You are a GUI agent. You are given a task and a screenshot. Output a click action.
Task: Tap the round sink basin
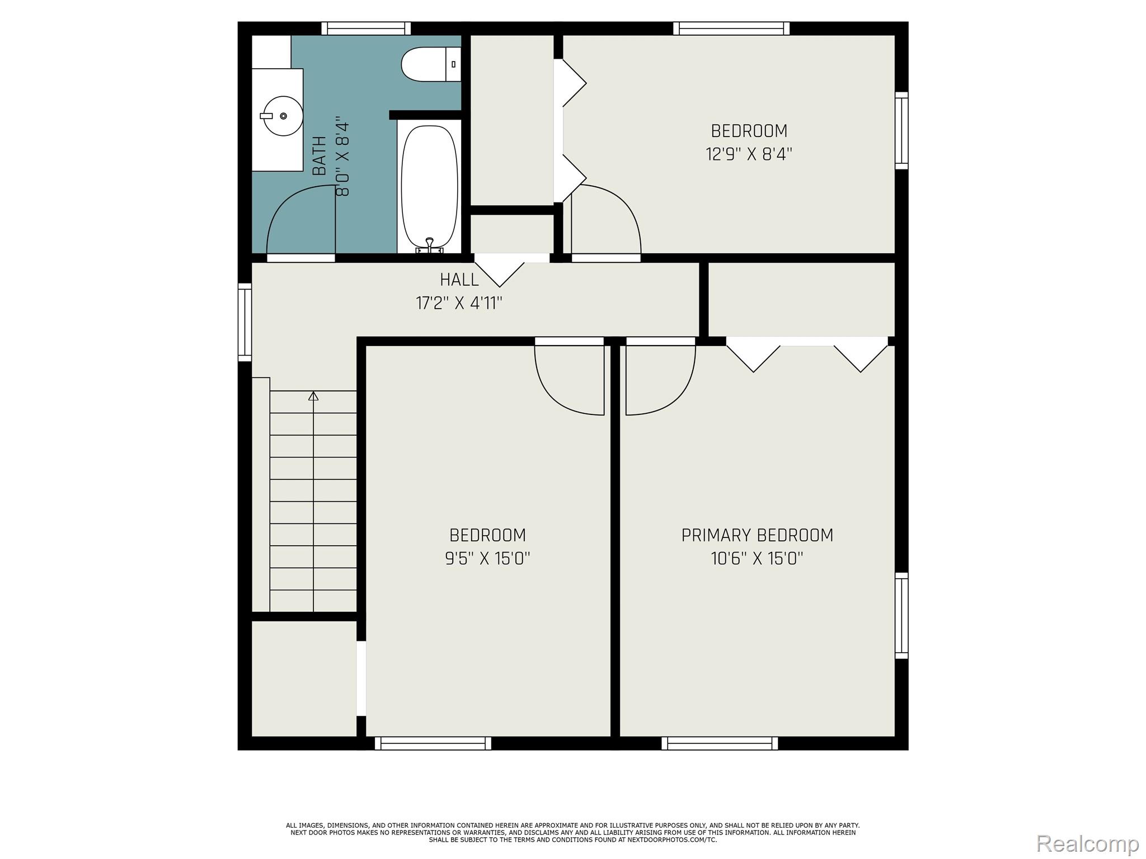click(x=283, y=116)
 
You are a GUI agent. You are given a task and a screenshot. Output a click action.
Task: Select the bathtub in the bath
click(x=430, y=186)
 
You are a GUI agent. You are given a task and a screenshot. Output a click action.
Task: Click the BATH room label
click(x=320, y=156)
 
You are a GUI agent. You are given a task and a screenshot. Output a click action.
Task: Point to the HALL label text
click(x=459, y=280)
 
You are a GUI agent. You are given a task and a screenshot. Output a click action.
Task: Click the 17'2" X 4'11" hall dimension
click(x=459, y=304)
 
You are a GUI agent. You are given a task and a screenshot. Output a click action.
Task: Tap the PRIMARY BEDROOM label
click(x=757, y=535)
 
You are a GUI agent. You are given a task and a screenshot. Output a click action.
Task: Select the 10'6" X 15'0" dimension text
click(x=757, y=559)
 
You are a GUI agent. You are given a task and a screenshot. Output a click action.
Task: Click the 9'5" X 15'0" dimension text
click(x=487, y=559)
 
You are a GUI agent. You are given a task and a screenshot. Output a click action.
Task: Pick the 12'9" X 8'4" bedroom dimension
click(x=749, y=154)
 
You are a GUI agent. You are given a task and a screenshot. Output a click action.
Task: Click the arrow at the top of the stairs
click(x=313, y=396)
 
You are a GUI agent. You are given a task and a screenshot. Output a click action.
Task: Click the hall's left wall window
click(x=245, y=322)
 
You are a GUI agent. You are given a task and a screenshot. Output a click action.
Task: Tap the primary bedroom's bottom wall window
click(x=720, y=743)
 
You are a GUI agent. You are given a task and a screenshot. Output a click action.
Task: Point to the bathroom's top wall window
click(x=366, y=29)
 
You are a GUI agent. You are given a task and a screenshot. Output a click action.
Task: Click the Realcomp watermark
click(x=1087, y=843)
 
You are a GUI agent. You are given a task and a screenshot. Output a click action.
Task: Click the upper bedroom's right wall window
click(x=901, y=130)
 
